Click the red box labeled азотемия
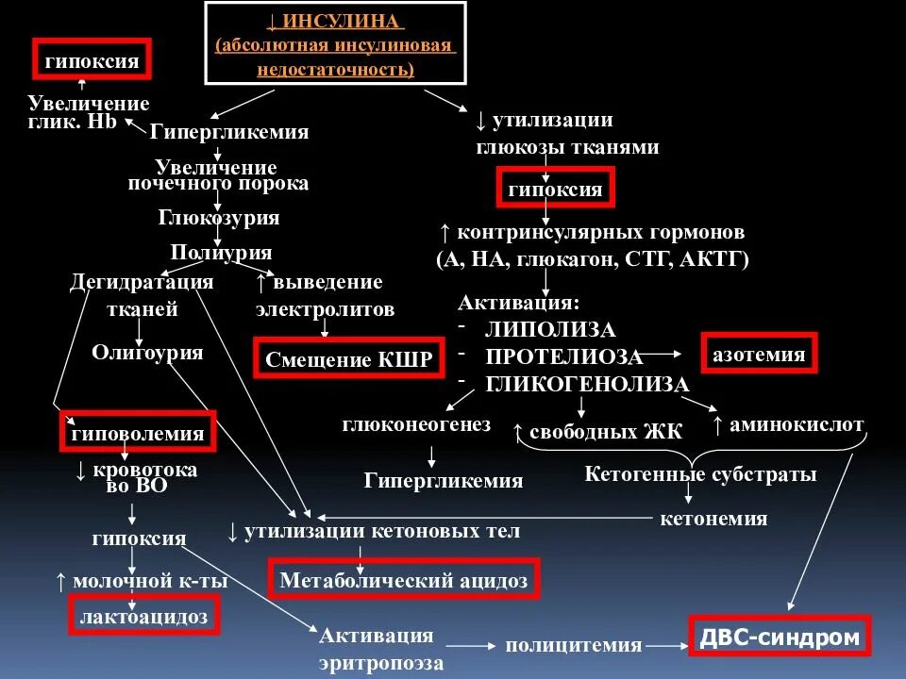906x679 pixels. coord(759,354)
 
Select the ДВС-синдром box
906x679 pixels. coord(780,638)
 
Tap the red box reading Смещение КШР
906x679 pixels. coord(349,358)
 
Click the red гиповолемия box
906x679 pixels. coord(138,433)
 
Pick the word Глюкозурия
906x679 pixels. coord(219,218)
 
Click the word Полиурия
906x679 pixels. coord(221,253)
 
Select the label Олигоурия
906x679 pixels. coord(147,353)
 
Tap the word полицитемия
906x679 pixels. coord(574,646)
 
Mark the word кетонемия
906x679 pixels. coord(713,519)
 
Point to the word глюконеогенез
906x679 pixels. coord(417,425)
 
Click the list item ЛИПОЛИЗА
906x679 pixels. coord(550,329)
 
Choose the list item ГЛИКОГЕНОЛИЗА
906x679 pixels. coord(587,385)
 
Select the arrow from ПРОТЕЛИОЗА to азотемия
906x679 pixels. coord(667,354)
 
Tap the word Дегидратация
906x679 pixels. coord(142,282)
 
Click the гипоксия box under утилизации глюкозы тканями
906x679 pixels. coord(555,189)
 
